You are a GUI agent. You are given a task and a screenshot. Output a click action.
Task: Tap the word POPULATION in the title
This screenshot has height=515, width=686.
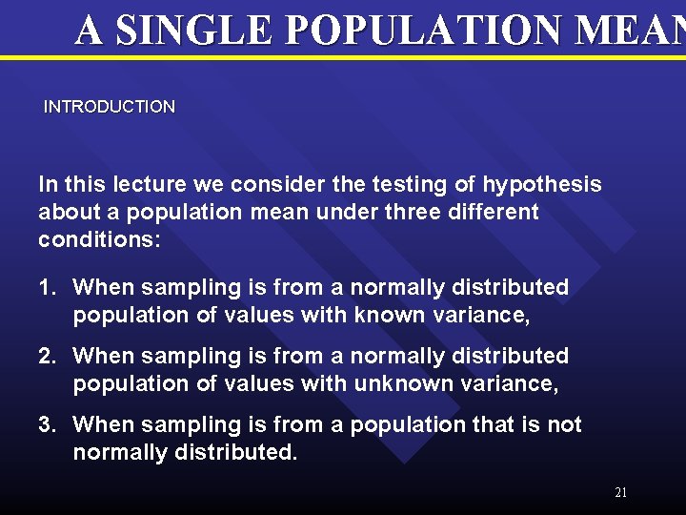414,31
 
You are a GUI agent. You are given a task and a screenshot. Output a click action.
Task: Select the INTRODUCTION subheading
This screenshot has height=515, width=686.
110,107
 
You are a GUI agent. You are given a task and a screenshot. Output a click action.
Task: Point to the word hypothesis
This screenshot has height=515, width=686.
542,183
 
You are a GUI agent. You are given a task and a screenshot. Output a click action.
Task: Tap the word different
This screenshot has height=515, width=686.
495,212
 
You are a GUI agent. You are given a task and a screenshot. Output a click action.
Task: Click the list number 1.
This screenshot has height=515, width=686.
46,287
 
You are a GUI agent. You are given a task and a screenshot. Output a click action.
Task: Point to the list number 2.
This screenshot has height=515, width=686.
46,356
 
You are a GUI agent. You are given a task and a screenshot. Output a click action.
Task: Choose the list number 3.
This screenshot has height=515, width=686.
46,424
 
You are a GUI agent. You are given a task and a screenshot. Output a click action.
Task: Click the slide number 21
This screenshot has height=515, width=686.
620,493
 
